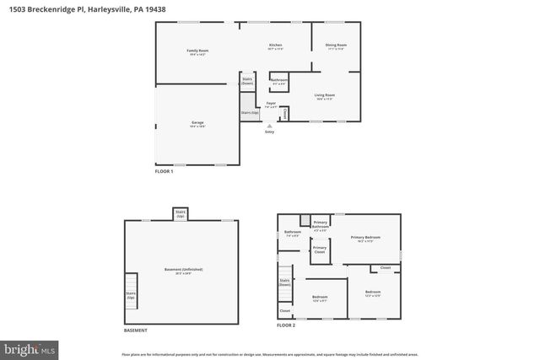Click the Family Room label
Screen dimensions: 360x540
(x=197, y=52)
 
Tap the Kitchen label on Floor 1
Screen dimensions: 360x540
(x=275, y=46)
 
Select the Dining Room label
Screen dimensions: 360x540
(x=336, y=46)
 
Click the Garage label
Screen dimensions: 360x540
(x=197, y=124)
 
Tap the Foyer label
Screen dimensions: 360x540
(x=271, y=105)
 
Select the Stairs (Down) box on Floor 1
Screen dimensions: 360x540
(x=247, y=81)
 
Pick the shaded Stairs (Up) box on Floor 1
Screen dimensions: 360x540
(x=249, y=111)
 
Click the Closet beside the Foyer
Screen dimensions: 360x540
(x=285, y=112)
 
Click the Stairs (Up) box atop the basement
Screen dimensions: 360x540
(x=181, y=214)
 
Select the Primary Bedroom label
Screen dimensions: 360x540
(x=366, y=239)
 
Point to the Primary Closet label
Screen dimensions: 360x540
(x=320, y=250)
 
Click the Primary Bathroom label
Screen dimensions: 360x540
(x=320, y=225)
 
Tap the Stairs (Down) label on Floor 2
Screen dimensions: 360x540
(x=284, y=282)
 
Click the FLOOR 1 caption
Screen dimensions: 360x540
(x=164, y=172)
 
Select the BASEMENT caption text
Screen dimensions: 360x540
(x=136, y=330)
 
